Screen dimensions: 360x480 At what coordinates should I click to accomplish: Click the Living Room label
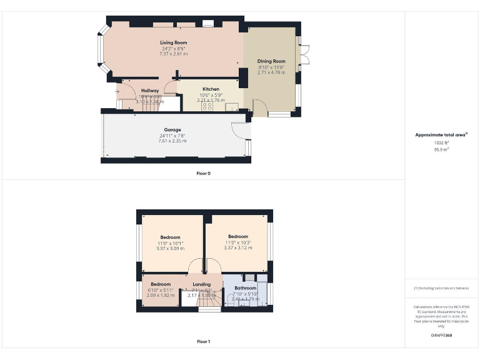(173, 42)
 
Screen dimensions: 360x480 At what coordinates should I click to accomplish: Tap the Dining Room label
(271, 61)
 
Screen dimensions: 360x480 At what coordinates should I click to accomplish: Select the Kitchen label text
(210, 89)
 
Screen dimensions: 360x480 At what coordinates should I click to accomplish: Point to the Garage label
(172, 130)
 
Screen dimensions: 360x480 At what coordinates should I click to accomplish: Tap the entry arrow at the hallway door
(117, 92)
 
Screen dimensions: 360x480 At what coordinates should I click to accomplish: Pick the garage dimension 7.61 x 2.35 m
(172, 141)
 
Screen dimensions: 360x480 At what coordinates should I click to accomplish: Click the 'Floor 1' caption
(204, 341)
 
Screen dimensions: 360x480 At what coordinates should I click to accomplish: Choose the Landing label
(201, 284)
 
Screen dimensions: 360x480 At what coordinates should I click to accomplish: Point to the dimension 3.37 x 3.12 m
(238, 247)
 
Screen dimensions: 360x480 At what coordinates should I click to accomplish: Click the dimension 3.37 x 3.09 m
(170, 248)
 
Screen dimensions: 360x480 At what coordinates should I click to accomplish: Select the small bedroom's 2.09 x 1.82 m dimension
(161, 295)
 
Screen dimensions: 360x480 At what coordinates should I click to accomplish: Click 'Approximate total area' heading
(441, 134)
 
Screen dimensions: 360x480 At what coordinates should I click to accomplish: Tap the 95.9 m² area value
(441, 149)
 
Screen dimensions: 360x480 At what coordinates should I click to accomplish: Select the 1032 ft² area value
(441, 142)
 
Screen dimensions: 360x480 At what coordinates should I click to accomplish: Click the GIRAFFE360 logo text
(441, 336)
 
